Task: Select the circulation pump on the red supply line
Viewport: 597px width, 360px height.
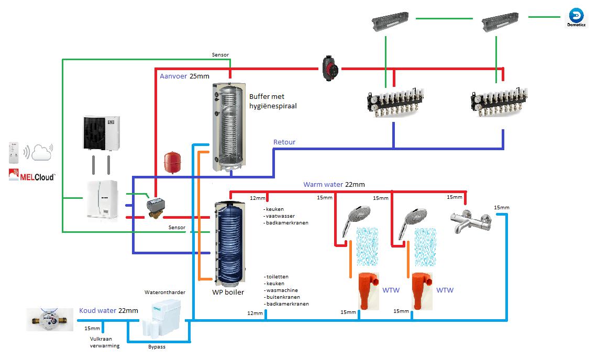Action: [329, 68]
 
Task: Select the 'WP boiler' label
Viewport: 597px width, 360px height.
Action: [228, 292]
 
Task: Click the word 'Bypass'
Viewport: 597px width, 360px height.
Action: [157, 347]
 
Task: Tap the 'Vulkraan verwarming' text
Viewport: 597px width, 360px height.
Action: [105, 342]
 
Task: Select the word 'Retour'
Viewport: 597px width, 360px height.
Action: [284, 142]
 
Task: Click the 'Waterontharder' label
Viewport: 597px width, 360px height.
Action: [165, 292]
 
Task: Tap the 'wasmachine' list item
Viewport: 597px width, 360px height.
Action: [282, 290]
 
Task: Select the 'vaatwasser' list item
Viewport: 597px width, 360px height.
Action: [280, 216]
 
